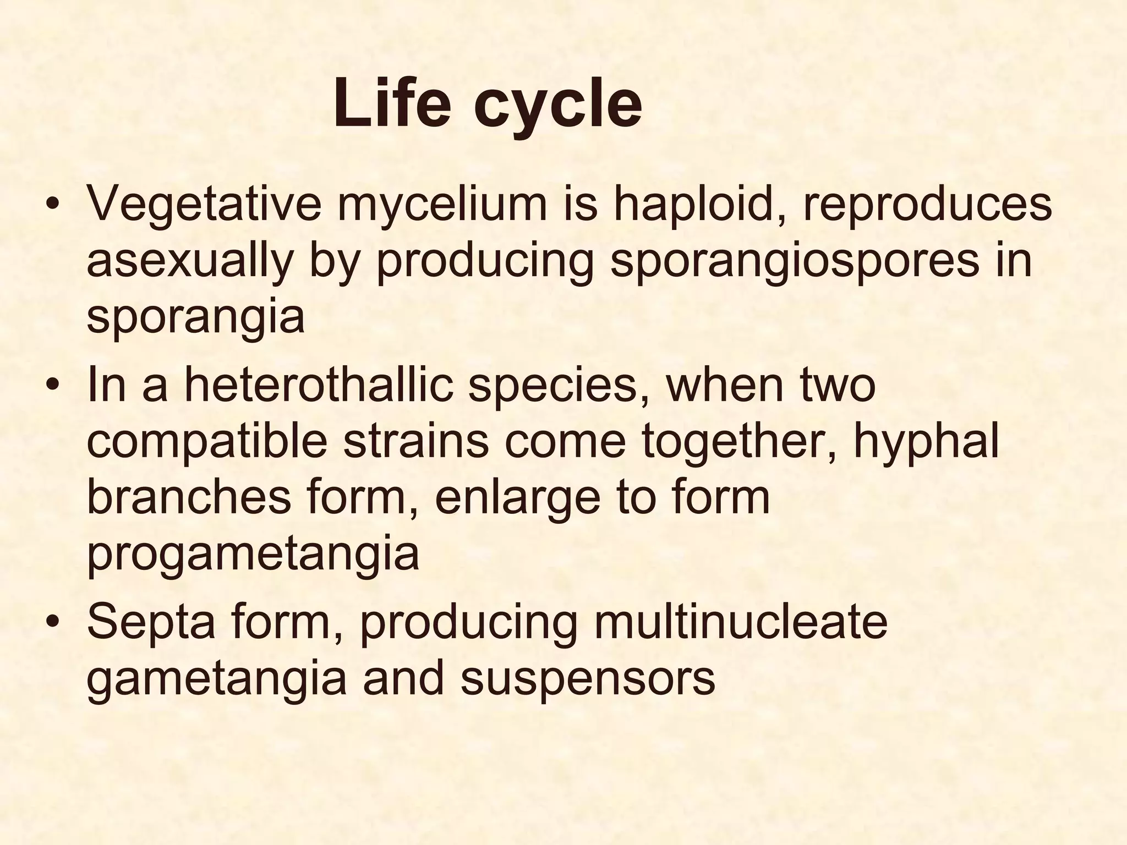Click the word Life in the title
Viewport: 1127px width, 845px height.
(x=392, y=103)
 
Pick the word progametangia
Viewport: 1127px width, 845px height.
(x=253, y=556)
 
